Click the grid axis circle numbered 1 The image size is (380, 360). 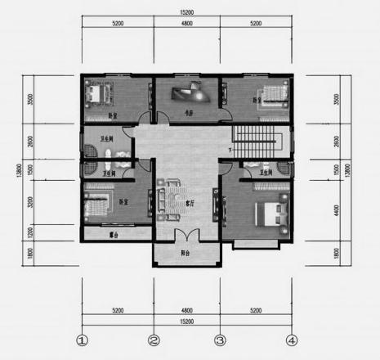(82, 340)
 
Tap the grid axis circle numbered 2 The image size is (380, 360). (153, 340)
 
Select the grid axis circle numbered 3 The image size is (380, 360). (219, 340)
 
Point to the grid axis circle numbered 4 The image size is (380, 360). (290, 340)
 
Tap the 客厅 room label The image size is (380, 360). (189, 200)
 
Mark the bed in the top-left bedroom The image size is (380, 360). (99, 92)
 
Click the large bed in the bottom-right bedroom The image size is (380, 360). (270, 214)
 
